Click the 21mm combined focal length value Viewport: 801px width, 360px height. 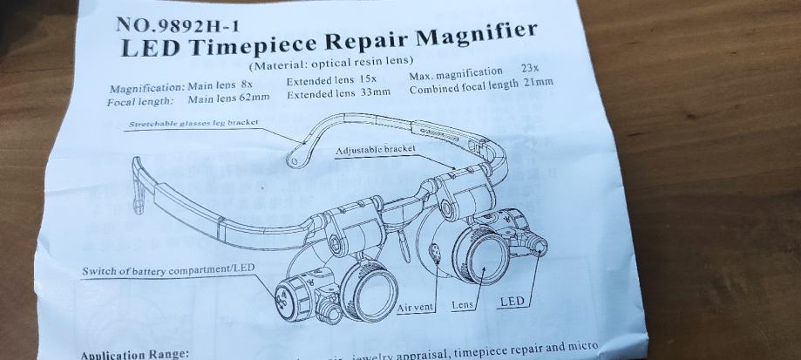(x=539, y=83)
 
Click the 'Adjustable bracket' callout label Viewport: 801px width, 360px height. (x=376, y=151)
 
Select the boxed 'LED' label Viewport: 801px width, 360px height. (x=513, y=302)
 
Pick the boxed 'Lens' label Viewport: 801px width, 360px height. (x=463, y=306)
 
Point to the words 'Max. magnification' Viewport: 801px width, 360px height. (x=456, y=72)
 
